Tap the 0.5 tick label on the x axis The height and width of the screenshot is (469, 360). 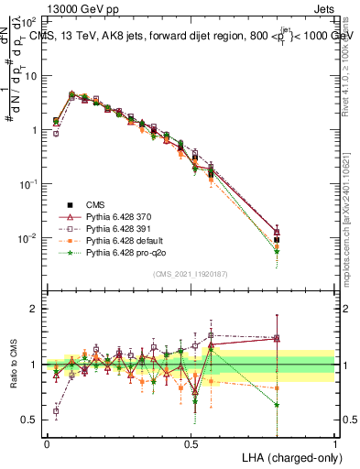tap(191, 442)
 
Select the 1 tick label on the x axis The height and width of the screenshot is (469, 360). tap(335, 442)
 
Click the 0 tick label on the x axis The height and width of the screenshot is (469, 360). tap(47, 442)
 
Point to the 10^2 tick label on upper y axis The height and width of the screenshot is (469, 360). tap(31, 20)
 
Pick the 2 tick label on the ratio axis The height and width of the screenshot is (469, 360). tap(34, 309)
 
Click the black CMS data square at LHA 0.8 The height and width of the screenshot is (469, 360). tap(277, 240)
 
